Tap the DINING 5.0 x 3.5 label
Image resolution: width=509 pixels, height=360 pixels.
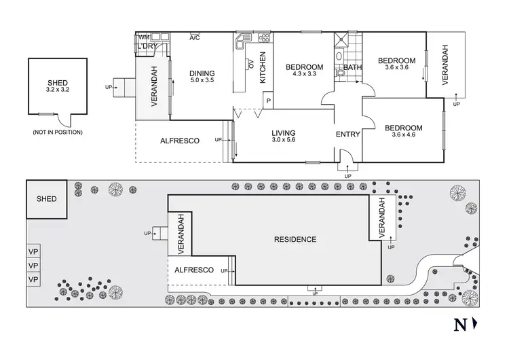tap(202, 77)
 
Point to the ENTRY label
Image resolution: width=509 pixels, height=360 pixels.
tap(347, 134)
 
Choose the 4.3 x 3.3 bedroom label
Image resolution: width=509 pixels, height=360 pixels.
tap(304, 70)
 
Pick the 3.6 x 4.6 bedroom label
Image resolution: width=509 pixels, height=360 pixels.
tap(403, 131)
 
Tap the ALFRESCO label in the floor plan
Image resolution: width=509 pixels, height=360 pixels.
tap(179, 141)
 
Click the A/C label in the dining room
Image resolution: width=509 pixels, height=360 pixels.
tap(195, 37)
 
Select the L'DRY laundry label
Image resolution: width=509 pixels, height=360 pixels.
tap(148, 46)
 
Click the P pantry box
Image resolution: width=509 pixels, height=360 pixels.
tap(269, 102)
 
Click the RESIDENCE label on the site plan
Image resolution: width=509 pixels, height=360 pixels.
tap(295, 239)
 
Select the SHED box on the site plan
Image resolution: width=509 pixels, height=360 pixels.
tap(46, 199)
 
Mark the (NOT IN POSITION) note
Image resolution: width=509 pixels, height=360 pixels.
tap(58, 132)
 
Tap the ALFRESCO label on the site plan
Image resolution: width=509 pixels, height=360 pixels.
tap(195, 270)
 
